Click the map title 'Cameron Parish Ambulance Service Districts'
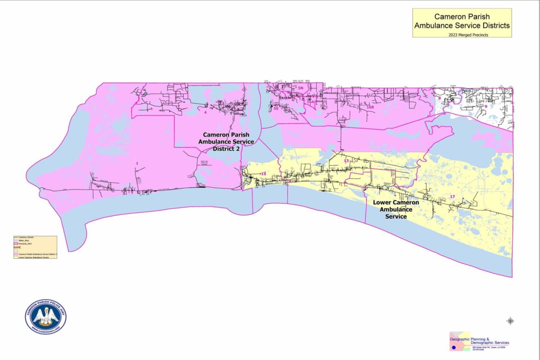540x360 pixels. (462, 21)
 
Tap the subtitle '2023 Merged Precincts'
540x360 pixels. (462, 34)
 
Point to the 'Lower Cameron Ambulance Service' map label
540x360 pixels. (396, 209)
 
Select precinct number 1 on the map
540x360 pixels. (137, 163)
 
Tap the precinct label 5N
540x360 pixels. (301, 89)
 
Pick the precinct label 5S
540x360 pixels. (276, 108)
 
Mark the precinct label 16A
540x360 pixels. (310, 102)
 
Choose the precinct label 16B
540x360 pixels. (370, 108)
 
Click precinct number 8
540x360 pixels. (440, 98)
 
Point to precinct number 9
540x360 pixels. (486, 94)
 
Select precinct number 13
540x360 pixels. (346, 161)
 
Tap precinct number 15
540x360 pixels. (263, 174)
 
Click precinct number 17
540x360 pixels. (452, 197)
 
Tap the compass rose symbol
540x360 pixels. (510, 321)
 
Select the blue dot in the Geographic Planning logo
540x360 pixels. (454, 348)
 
